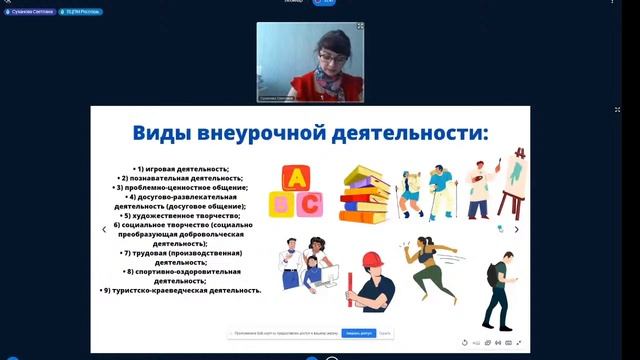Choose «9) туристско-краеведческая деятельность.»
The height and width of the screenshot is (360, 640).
[182, 290]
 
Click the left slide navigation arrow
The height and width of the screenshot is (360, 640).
[104, 229]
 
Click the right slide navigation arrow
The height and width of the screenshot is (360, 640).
[517, 229]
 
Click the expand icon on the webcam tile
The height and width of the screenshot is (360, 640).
[361, 27]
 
